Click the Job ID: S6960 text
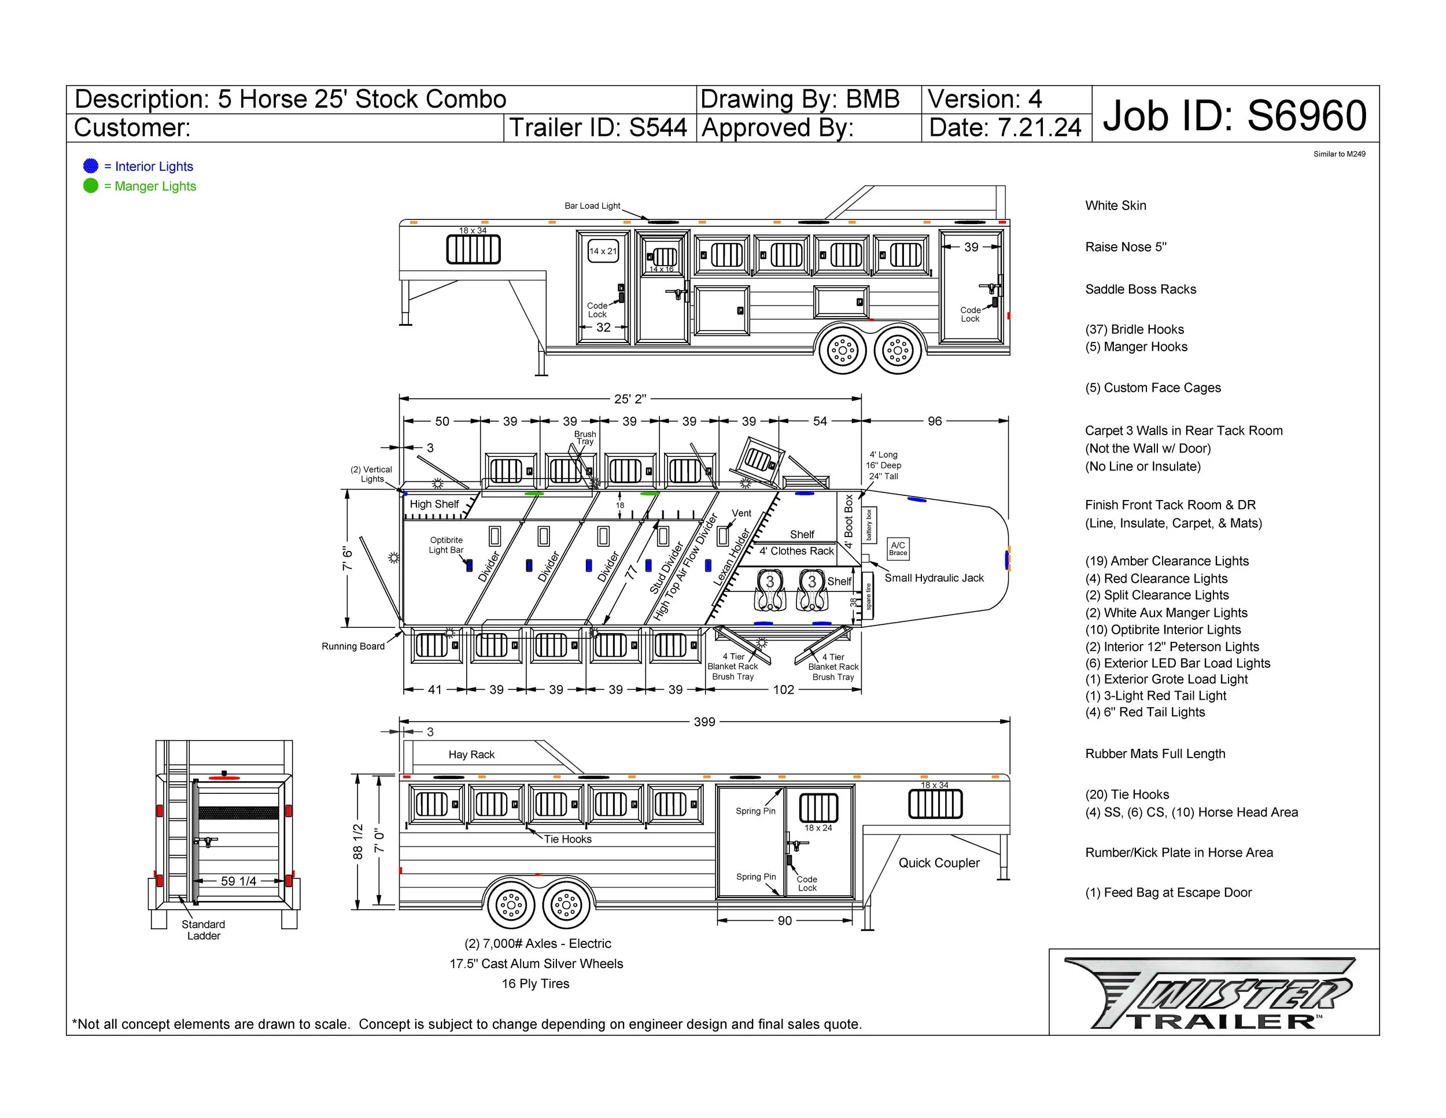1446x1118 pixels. tap(1234, 115)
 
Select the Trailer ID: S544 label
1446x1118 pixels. tap(598, 128)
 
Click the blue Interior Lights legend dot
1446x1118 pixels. tap(91, 166)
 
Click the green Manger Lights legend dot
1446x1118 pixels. tap(91, 185)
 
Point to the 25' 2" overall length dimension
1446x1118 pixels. tap(630, 399)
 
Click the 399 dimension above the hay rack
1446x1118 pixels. tap(704, 721)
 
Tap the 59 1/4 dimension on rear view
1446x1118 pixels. tap(238, 881)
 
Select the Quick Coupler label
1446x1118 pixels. tap(939, 862)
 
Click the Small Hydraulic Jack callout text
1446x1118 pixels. tap(934, 578)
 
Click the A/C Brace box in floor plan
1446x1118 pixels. tap(898, 549)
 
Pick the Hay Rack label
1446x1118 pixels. tap(471, 755)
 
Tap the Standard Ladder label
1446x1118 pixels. tap(203, 930)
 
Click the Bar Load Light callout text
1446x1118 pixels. tap(592, 206)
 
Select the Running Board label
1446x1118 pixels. tap(353, 646)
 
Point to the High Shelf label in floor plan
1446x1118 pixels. tap(434, 504)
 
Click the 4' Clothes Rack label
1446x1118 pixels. tap(796, 551)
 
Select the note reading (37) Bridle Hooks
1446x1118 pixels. tap(1134, 329)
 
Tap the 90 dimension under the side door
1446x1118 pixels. tap(784, 921)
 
